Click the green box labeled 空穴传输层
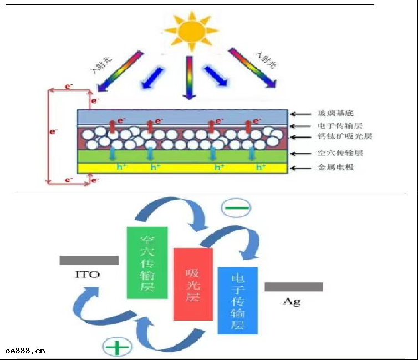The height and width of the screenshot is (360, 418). [147, 262]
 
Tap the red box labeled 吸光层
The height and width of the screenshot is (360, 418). [193, 284]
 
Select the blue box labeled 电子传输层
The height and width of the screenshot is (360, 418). [238, 300]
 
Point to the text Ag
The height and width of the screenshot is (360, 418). [292, 301]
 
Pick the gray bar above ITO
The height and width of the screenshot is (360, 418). [89, 261]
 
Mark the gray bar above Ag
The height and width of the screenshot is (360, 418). [293, 287]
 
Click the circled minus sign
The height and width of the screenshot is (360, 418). [236, 209]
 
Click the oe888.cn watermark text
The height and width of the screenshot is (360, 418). [25, 351]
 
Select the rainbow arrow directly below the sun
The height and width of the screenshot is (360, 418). [188, 78]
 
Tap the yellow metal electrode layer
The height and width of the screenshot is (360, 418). [182, 168]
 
